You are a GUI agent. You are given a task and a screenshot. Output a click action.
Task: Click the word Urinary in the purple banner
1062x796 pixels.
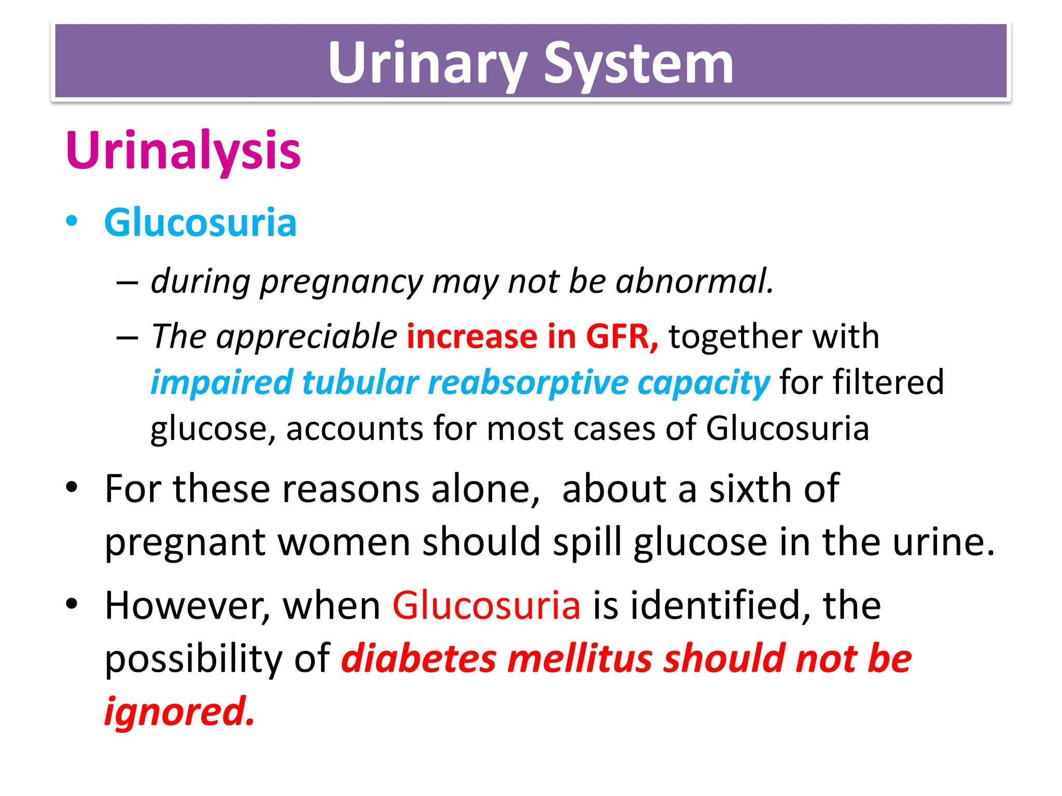(427, 63)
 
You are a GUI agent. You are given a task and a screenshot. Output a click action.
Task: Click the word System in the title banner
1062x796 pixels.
(638, 63)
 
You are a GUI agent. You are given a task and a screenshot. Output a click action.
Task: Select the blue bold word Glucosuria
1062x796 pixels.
(200, 223)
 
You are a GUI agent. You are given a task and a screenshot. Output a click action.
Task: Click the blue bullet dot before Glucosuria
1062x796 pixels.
(72, 222)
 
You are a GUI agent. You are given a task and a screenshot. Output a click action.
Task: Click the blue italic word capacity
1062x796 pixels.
(704, 382)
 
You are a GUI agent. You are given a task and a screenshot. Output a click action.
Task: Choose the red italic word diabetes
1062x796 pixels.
(418, 659)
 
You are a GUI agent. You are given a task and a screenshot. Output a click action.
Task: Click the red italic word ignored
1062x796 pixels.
(179, 712)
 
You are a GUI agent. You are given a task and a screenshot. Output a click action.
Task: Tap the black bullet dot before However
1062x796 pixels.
(72, 604)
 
